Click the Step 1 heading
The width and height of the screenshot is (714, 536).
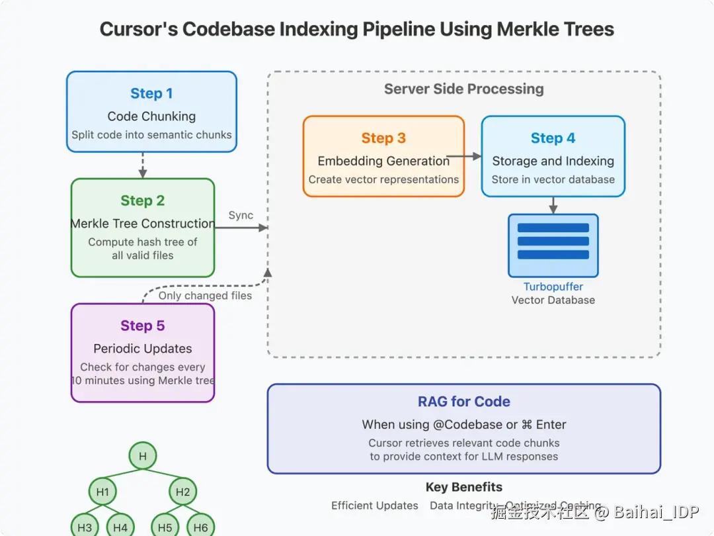151,94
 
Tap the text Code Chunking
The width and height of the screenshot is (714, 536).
151,116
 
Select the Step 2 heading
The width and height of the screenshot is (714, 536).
143,201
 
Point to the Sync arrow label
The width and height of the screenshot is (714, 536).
241,216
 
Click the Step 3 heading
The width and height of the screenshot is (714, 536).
383,138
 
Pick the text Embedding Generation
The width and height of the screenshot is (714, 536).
383,161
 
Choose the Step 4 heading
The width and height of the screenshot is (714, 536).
553,138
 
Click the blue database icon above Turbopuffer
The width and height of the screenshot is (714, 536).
553,245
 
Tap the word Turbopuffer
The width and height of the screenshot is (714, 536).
553,287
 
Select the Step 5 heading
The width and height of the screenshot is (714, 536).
143,326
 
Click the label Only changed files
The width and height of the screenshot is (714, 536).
205,296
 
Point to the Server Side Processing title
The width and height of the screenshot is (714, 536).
463,89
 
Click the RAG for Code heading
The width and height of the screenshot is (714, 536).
463,402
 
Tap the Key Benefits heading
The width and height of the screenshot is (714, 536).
463,488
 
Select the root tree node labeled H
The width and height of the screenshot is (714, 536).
142,456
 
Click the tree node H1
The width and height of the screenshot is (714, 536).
102,492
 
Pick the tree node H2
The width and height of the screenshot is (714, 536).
183,492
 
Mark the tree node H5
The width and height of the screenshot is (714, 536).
165,527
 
